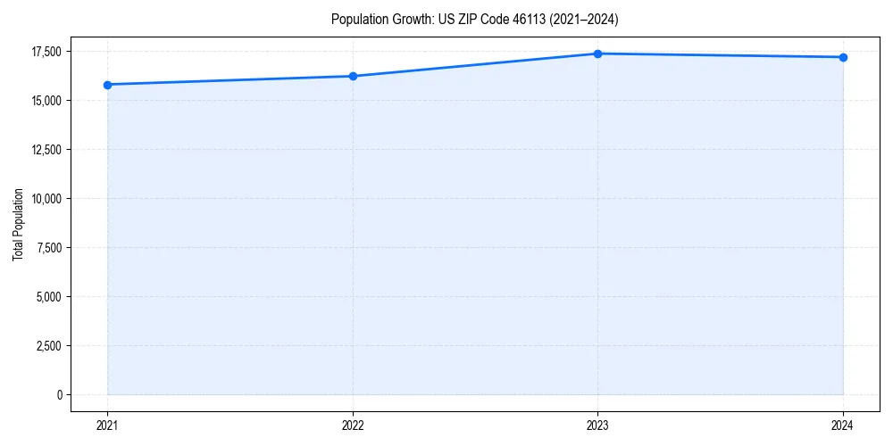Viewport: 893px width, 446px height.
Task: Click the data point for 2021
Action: point(108,85)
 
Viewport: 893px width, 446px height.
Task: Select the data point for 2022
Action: point(353,76)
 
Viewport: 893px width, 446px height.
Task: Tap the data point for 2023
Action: point(597,54)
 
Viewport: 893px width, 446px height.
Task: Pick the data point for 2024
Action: point(843,57)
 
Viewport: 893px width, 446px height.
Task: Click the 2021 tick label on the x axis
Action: point(108,425)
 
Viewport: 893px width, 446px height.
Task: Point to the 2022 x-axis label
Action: point(353,425)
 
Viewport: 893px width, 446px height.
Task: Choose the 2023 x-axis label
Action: point(597,425)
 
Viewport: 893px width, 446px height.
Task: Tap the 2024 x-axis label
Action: point(843,425)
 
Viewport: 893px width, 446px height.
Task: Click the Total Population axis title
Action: point(19,224)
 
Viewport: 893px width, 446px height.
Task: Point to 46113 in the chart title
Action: point(522,19)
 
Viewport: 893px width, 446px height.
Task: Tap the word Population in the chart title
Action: point(357,19)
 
